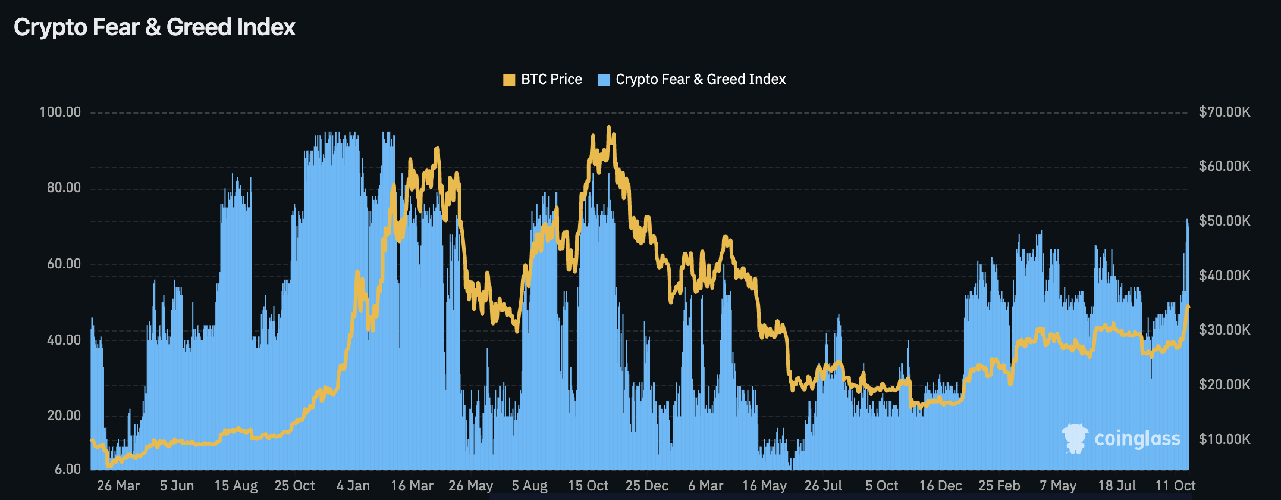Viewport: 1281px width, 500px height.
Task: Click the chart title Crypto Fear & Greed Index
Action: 155,27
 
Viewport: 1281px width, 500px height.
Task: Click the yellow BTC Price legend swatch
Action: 509,80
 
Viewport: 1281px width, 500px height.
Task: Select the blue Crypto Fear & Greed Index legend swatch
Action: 604,80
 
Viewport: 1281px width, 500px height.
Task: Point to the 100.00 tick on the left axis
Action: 60,112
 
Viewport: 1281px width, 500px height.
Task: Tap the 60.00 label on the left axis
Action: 64,264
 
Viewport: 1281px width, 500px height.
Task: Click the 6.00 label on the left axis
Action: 68,469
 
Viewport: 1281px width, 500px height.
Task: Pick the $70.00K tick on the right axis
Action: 1225,112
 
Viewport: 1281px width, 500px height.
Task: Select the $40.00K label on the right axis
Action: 1225,276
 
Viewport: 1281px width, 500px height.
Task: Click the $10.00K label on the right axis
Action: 1225,439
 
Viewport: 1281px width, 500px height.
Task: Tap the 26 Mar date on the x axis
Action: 118,486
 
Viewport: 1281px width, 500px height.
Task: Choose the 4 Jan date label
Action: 353,486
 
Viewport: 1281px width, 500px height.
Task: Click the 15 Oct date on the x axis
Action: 588,486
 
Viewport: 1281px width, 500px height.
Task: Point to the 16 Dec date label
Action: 940,486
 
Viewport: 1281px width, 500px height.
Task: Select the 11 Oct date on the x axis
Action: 1175,486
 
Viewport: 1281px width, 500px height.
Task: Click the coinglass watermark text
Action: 1137,439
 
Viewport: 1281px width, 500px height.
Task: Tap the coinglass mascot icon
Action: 1075,439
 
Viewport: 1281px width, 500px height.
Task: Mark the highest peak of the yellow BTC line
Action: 608,127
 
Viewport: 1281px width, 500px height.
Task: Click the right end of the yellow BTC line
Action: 1188,307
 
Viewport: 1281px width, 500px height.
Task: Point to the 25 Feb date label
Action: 999,486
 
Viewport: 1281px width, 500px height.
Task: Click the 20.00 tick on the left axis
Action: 64,415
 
